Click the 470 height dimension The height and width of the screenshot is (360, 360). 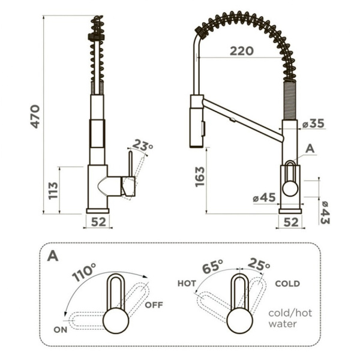(x=35, y=116)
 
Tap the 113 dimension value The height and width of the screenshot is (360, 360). (x=53, y=191)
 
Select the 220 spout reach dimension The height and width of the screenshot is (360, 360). (x=242, y=51)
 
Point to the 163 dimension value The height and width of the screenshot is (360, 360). (x=200, y=177)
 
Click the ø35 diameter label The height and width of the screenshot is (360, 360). (x=313, y=124)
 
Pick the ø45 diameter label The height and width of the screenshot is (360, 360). (x=264, y=197)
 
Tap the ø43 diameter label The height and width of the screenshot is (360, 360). (x=325, y=212)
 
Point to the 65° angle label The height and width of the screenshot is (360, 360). (x=212, y=266)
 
